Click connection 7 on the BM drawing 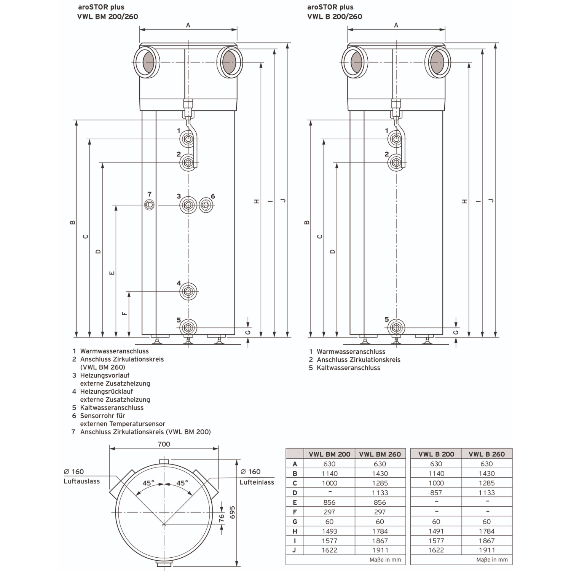click(x=150, y=205)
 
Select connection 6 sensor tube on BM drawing click(x=206, y=206)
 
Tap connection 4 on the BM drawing click(x=188, y=292)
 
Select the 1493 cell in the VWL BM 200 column click(x=329, y=531)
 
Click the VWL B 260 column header click(x=486, y=454)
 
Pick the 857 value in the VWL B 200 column click(x=436, y=493)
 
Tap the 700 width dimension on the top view click(x=164, y=444)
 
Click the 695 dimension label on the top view click(x=233, y=512)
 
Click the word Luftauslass click(x=81, y=481)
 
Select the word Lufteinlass click(x=257, y=482)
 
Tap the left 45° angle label click(x=148, y=483)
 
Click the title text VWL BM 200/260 click(x=107, y=16)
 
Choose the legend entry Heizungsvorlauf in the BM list click(x=105, y=375)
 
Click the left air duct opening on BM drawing click(x=147, y=62)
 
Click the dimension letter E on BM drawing click(x=112, y=273)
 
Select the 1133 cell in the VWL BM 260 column click(x=380, y=493)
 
